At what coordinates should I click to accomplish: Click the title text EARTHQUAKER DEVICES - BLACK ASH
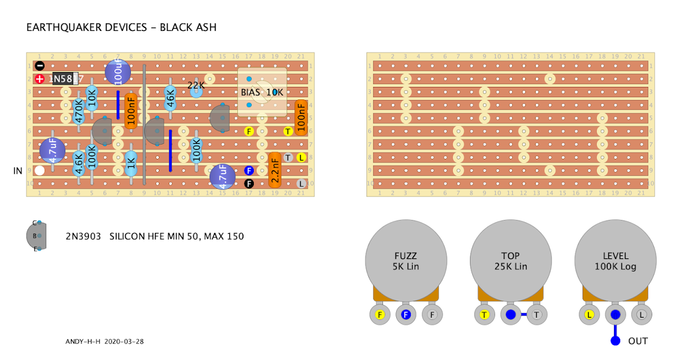coord(121,27)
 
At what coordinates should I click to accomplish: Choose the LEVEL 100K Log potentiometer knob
coord(616,261)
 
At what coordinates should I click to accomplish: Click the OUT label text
coord(638,341)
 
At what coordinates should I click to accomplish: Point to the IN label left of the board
coord(18,171)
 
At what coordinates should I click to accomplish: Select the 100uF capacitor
coord(118,73)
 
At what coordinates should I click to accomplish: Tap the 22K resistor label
coord(196,86)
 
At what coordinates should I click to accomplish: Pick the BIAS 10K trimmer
coord(262,92)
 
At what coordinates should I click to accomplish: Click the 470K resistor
coord(79,111)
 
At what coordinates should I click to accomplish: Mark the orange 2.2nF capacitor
coord(275,170)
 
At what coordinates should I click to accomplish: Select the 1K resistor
coord(131,164)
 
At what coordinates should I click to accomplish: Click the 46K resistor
coord(170,98)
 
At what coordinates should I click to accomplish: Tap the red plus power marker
coord(39,79)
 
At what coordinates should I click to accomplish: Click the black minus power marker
coord(39,66)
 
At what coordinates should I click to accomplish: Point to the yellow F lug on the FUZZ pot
coord(380,314)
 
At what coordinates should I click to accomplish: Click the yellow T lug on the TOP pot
coord(485,314)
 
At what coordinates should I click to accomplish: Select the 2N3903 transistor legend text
coord(154,235)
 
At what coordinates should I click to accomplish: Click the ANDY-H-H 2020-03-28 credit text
coord(105,341)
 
